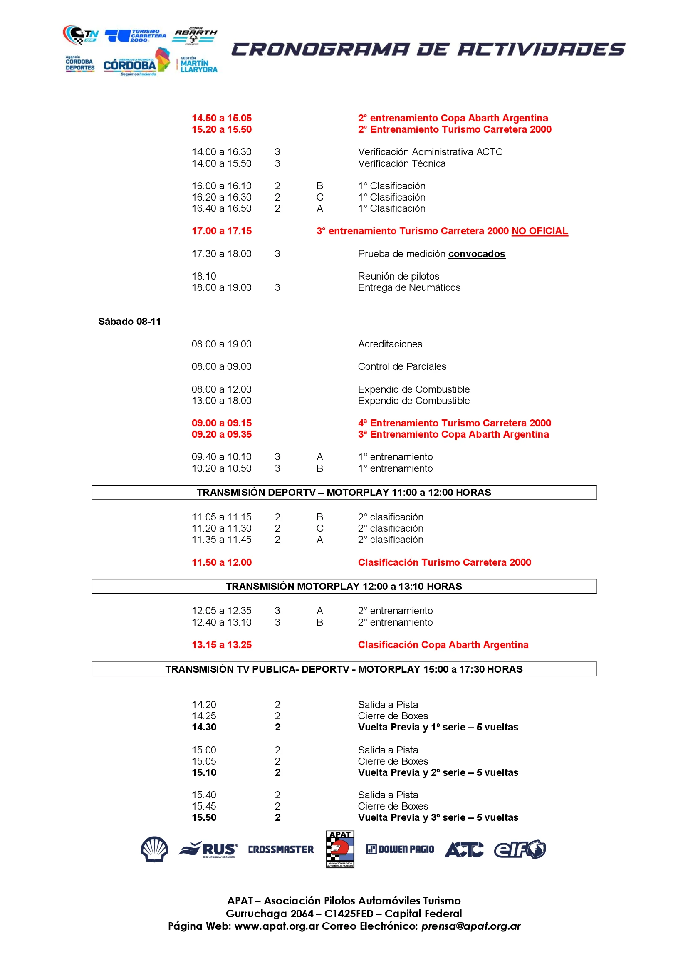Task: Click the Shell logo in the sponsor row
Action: pos(154,849)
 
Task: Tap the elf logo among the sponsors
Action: pos(520,849)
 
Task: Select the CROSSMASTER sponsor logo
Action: pos(281,849)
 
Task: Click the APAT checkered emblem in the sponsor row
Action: pos(340,849)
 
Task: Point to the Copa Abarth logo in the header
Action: pos(195,35)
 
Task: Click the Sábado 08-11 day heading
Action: pos(130,322)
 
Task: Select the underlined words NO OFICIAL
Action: pos(540,231)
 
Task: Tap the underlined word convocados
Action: pos(477,254)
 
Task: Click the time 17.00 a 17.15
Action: pos(222,231)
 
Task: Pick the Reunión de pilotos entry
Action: pos(398,276)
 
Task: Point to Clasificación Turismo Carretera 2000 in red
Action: pos(444,562)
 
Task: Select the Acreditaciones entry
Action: pos(390,344)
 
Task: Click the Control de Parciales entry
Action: pos(402,366)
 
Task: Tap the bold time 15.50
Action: pos(204,817)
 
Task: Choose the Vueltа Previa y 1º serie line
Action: pos(438,727)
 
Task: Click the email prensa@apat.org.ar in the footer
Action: pos(471,926)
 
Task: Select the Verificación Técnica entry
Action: pos(402,163)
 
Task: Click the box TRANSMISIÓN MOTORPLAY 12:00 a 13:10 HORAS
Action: pos(344,587)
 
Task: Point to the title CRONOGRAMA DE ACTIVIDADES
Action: pos(428,50)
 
